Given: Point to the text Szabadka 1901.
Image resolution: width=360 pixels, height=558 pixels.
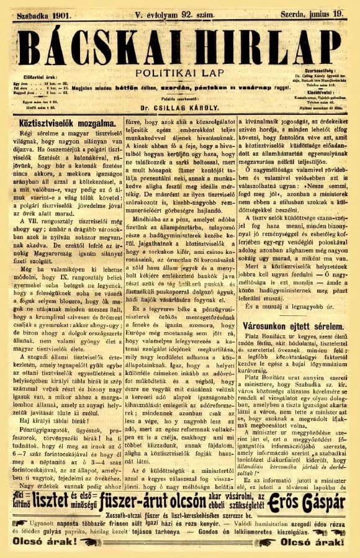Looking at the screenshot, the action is pyautogui.click(x=45, y=11).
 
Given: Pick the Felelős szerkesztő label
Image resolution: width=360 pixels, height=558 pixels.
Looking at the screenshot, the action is pyautogui.click(x=180, y=99).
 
